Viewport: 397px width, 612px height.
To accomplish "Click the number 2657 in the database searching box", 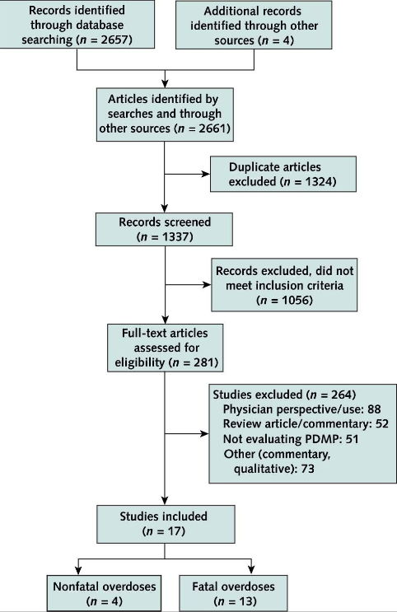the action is tap(114, 40).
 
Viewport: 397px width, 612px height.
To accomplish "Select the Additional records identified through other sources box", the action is tap(254, 25).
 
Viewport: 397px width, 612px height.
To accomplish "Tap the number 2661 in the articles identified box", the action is tap(213, 128).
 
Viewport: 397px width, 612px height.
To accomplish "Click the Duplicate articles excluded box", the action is tap(283, 174).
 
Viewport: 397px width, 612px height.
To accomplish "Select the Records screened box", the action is tap(165, 230).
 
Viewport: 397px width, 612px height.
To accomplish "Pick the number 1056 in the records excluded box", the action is tap(296, 300).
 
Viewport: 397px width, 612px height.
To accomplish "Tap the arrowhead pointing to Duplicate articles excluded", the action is tap(206, 174).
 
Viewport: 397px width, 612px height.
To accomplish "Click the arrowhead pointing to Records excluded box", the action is tap(207, 284).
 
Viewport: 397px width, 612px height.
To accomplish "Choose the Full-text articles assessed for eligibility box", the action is tap(165, 348).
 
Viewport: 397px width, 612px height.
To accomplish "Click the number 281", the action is tap(204, 362).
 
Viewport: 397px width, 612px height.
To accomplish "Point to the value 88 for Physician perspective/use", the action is tap(374, 409).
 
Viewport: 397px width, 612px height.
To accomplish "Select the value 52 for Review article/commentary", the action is tap(382, 424).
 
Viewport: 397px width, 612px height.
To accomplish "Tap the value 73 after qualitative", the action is tap(307, 469).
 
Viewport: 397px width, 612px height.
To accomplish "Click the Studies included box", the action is tap(166, 524).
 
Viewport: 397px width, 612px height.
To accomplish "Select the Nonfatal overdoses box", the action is tap(105, 593).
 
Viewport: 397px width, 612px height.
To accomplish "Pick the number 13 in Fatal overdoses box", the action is tap(248, 601).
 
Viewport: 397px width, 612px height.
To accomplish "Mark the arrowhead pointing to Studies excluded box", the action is tap(205, 433).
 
